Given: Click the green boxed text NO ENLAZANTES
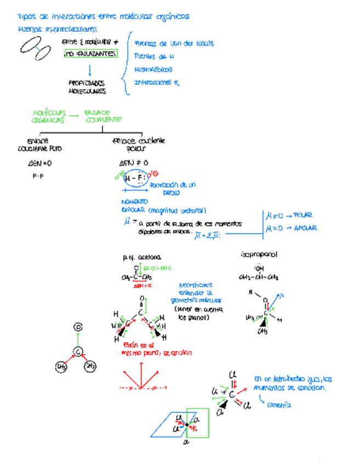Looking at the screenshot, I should (x=91, y=54).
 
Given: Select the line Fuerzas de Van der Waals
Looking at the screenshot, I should (x=173, y=43).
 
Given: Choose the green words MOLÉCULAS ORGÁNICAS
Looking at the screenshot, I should (x=49, y=116).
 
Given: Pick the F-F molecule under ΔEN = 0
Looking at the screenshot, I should (x=38, y=176).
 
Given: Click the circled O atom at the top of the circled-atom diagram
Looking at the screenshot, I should (x=78, y=327).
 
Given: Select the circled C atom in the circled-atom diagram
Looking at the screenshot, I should (x=78, y=351).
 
